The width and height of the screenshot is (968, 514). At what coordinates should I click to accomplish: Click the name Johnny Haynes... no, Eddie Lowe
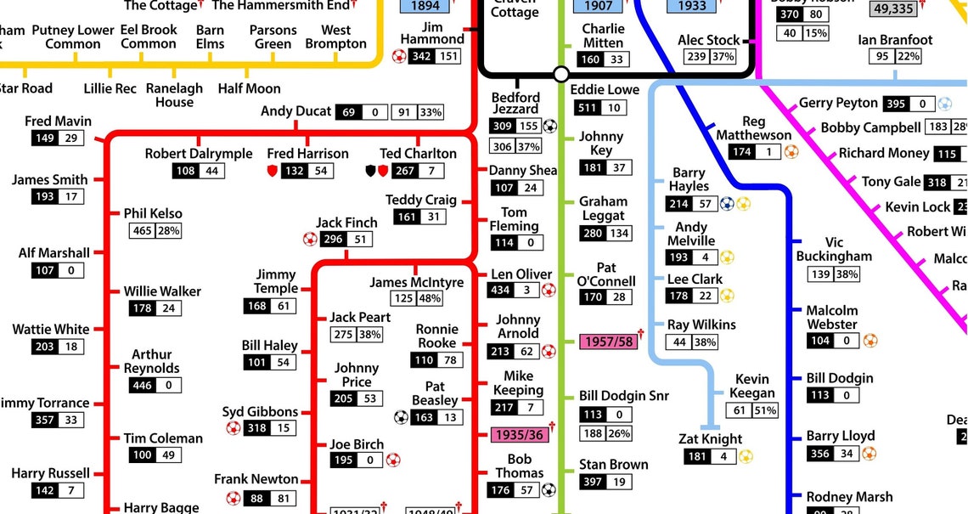(x=605, y=89)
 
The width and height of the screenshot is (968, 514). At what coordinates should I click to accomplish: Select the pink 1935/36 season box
(x=518, y=435)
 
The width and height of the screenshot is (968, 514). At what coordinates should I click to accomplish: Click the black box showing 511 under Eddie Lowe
(x=587, y=108)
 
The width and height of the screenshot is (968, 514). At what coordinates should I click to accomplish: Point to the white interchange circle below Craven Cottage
(x=560, y=75)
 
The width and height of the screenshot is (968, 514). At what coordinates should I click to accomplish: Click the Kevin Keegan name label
(x=751, y=386)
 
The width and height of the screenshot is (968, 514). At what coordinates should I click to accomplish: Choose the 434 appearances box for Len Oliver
(x=502, y=291)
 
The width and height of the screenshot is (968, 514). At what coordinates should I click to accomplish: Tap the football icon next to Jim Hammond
(x=399, y=57)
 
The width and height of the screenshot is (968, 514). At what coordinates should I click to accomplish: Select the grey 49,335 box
(x=892, y=9)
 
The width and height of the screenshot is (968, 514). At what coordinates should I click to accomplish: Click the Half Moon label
(x=249, y=88)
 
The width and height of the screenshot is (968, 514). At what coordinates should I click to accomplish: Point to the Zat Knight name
(x=711, y=439)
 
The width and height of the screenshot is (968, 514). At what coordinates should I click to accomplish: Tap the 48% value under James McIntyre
(x=430, y=299)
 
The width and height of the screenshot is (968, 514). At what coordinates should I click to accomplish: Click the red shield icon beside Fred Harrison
(x=273, y=172)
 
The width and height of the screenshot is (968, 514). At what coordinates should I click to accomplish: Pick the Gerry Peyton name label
(x=837, y=103)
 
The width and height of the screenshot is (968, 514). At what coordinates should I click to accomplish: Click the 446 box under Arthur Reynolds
(x=142, y=386)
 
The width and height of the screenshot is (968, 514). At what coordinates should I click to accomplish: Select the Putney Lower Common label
(x=72, y=37)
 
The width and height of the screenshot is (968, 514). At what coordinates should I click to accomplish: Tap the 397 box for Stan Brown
(x=593, y=483)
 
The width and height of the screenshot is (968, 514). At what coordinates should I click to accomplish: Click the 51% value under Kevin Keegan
(x=764, y=411)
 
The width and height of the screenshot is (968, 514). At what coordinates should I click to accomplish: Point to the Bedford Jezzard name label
(x=515, y=104)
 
